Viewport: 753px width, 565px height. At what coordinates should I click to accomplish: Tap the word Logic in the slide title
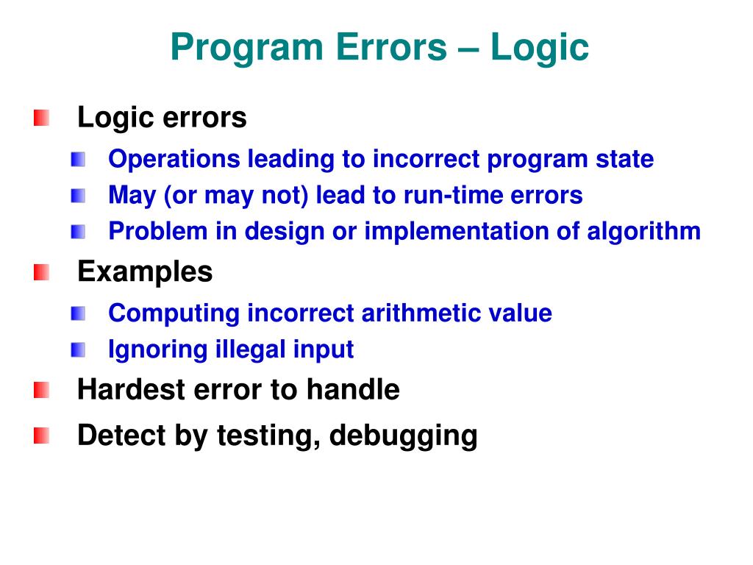(x=540, y=49)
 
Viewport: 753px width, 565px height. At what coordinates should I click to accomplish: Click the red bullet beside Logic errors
(x=42, y=118)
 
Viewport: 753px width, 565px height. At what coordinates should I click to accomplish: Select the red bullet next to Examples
(x=42, y=273)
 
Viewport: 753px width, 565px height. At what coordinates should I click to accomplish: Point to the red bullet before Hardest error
(x=42, y=390)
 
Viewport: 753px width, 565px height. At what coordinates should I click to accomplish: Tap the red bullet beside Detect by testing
(x=42, y=436)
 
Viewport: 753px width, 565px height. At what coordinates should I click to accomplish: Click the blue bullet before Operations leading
(x=79, y=159)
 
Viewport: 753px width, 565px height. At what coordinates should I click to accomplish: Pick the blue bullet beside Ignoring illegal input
(x=79, y=349)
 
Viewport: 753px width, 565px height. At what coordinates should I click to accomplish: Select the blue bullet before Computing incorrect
(x=79, y=313)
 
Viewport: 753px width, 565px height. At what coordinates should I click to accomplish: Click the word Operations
(x=174, y=159)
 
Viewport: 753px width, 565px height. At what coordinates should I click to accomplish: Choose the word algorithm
(x=643, y=232)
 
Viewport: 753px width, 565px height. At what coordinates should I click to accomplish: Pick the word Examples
(x=145, y=272)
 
